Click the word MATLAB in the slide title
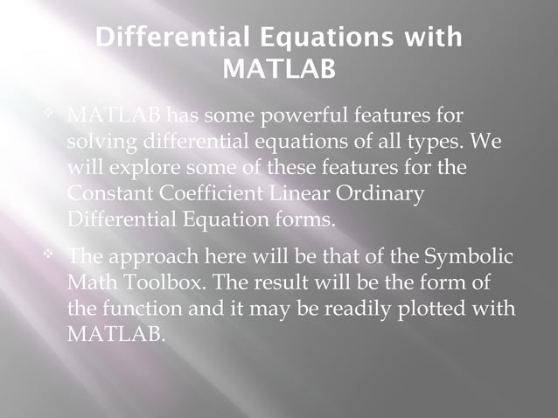279,67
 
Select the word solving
97,141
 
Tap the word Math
91,283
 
